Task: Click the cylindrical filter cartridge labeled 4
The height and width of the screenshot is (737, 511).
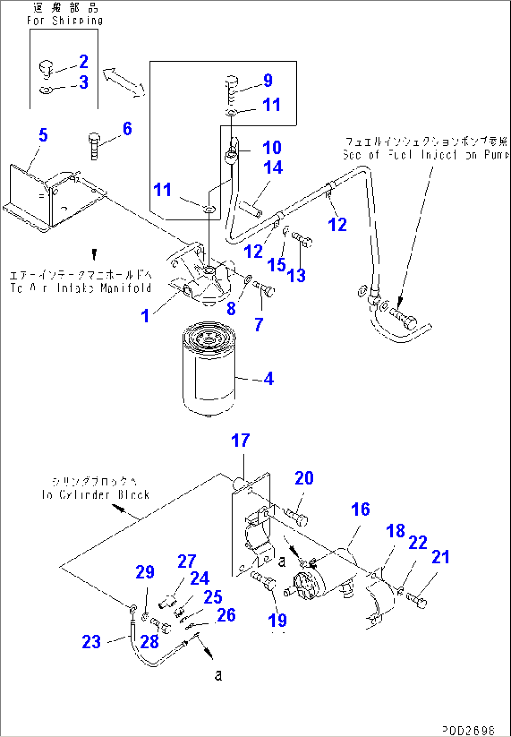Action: point(209,371)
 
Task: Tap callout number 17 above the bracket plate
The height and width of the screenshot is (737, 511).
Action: point(240,441)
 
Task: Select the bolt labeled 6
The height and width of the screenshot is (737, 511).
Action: point(94,146)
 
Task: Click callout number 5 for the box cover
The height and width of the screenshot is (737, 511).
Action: point(43,135)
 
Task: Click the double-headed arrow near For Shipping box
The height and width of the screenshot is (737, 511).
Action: point(123,83)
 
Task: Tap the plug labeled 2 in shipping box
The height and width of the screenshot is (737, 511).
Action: point(45,68)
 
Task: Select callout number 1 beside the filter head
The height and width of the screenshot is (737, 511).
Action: point(145,316)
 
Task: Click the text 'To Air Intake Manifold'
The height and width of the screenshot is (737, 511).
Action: point(81,288)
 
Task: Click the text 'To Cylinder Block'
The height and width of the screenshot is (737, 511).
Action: point(96,494)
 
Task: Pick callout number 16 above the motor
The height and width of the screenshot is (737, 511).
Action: point(360,509)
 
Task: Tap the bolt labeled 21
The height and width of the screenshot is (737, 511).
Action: point(417,600)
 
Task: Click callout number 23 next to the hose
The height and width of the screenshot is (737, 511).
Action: point(91,642)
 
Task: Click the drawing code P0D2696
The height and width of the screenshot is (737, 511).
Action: point(468,730)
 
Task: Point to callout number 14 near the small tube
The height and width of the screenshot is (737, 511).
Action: point(273,167)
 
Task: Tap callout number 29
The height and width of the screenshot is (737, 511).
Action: point(145,572)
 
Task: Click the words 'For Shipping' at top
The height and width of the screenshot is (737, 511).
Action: point(65,21)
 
